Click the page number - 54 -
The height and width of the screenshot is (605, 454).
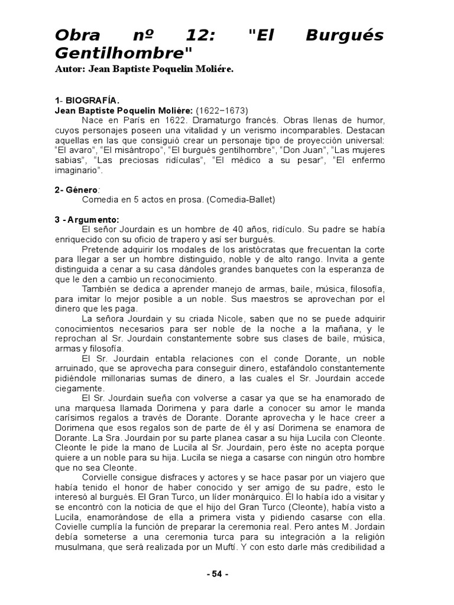pyautogui.click(x=217, y=574)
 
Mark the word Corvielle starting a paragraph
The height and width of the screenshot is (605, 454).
pyautogui.click(x=101, y=477)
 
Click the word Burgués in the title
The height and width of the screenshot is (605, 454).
pyautogui.click(x=344, y=35)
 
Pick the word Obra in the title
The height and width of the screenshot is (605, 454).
pyautogui.click(x=77, y=35)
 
